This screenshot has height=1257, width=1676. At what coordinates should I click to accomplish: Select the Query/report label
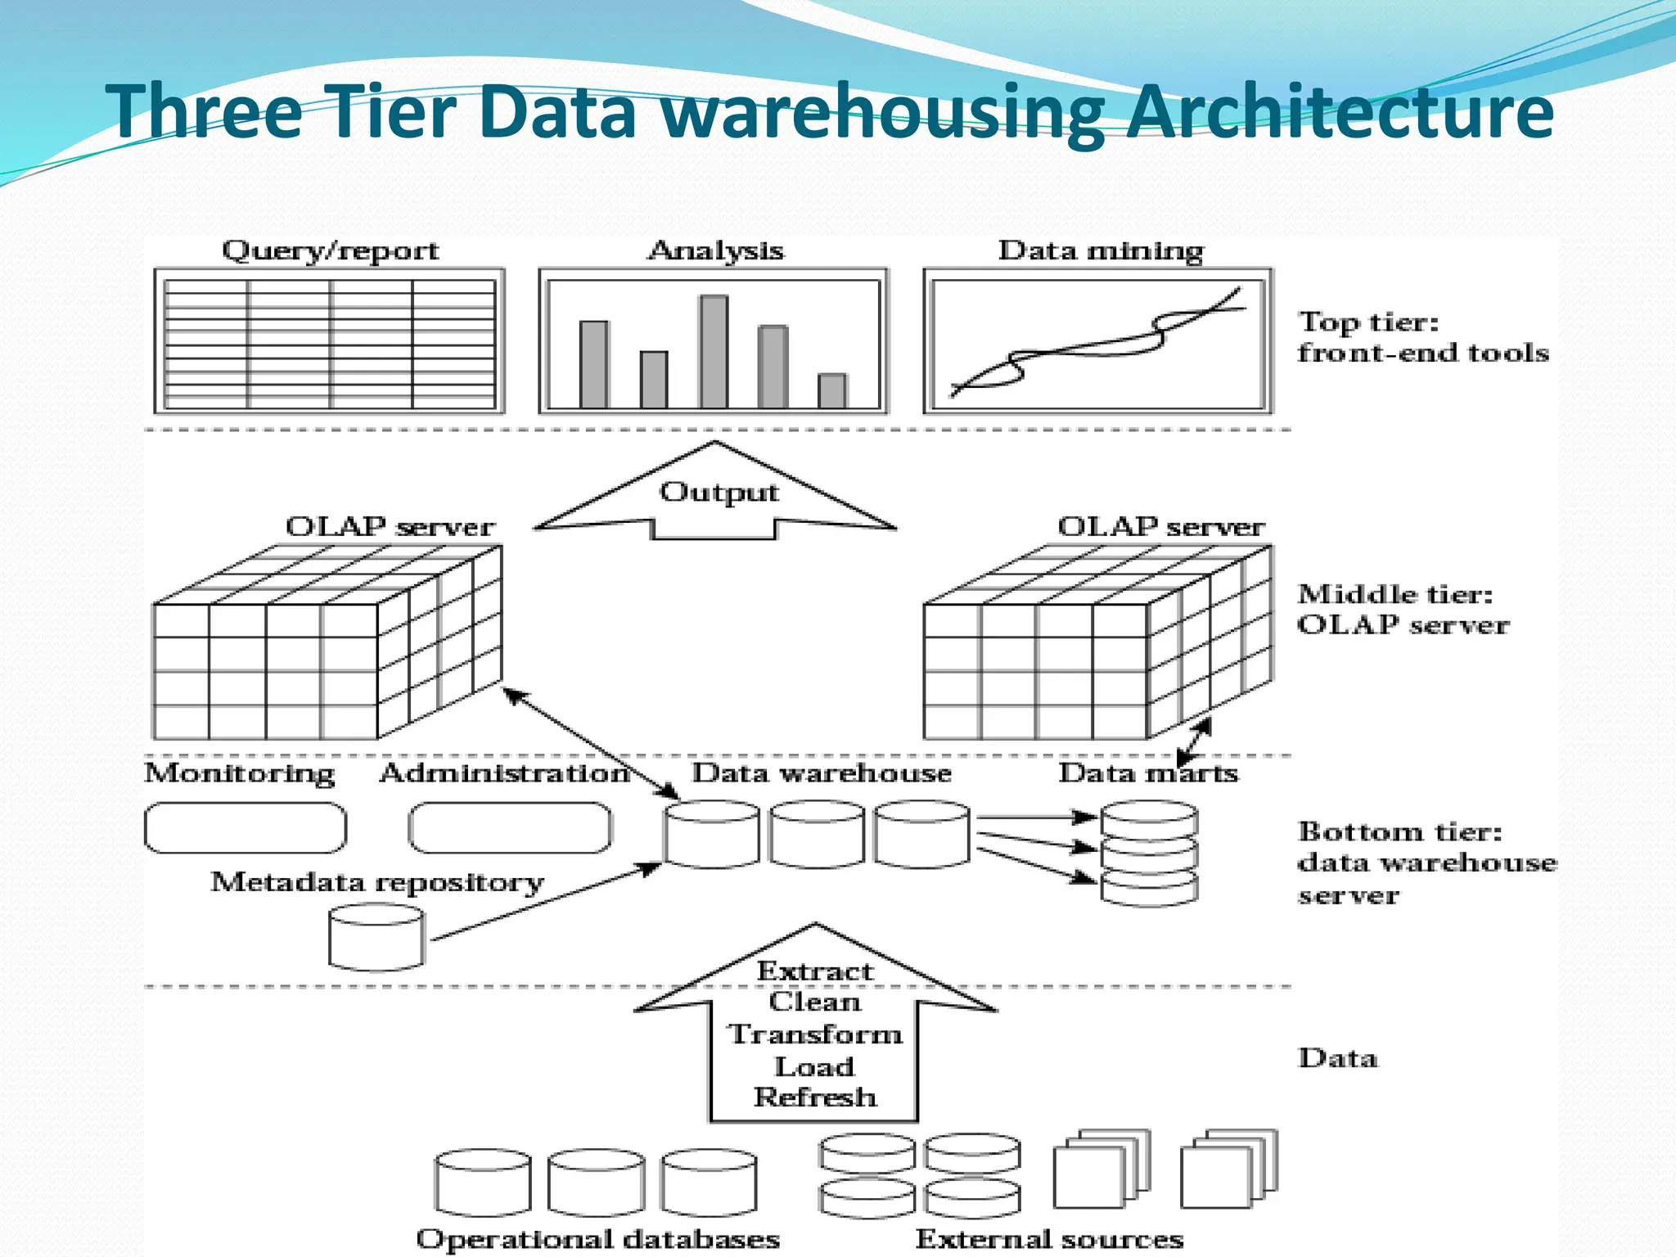coord(330,251)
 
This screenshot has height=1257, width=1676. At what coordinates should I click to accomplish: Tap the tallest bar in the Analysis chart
coord(713,352)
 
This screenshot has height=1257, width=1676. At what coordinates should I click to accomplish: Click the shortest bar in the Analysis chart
coord(832,390)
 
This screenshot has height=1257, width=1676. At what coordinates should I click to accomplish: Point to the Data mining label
coord(1101,251)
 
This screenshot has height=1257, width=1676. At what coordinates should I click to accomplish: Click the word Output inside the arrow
coord(719,493)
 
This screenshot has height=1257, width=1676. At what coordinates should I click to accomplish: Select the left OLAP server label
coord(390,527)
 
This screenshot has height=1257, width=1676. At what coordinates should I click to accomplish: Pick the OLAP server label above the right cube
coord(1160,527)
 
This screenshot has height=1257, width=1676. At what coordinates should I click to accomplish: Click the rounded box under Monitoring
coord(246,828)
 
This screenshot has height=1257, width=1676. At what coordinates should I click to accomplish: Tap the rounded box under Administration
coord(510,828)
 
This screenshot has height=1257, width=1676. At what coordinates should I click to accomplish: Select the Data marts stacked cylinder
coord(1149,854)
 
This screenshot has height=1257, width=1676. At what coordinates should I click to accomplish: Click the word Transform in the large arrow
coord(815,1034)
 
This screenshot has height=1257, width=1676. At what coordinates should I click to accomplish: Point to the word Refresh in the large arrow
coord(815,1097)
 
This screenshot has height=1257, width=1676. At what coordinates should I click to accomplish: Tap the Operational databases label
coord(597,1238)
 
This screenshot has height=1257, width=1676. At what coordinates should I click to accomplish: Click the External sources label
coord(1049,1238)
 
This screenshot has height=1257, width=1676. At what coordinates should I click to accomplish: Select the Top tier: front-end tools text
coord(1422,337)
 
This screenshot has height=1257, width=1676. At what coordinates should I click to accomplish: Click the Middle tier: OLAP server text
coord(1403,610)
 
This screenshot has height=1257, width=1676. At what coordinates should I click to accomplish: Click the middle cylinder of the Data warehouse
coord(817,835)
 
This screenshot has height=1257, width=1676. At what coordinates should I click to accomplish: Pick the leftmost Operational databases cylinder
coord(483,1183)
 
